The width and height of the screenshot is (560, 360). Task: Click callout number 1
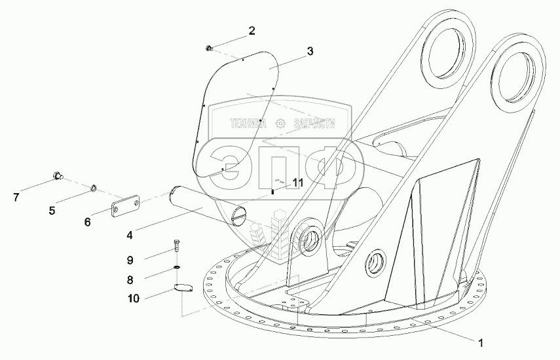click(481, 342)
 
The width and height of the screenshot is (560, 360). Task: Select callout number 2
click(251, 30)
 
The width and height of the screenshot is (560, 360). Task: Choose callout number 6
click(87, 222)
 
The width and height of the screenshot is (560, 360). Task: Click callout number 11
click(297, 183)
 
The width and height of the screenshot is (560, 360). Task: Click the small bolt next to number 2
click(209, 47)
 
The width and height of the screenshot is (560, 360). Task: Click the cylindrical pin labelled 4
click(204, 206)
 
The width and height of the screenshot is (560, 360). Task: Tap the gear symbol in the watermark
click(281, 122)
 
